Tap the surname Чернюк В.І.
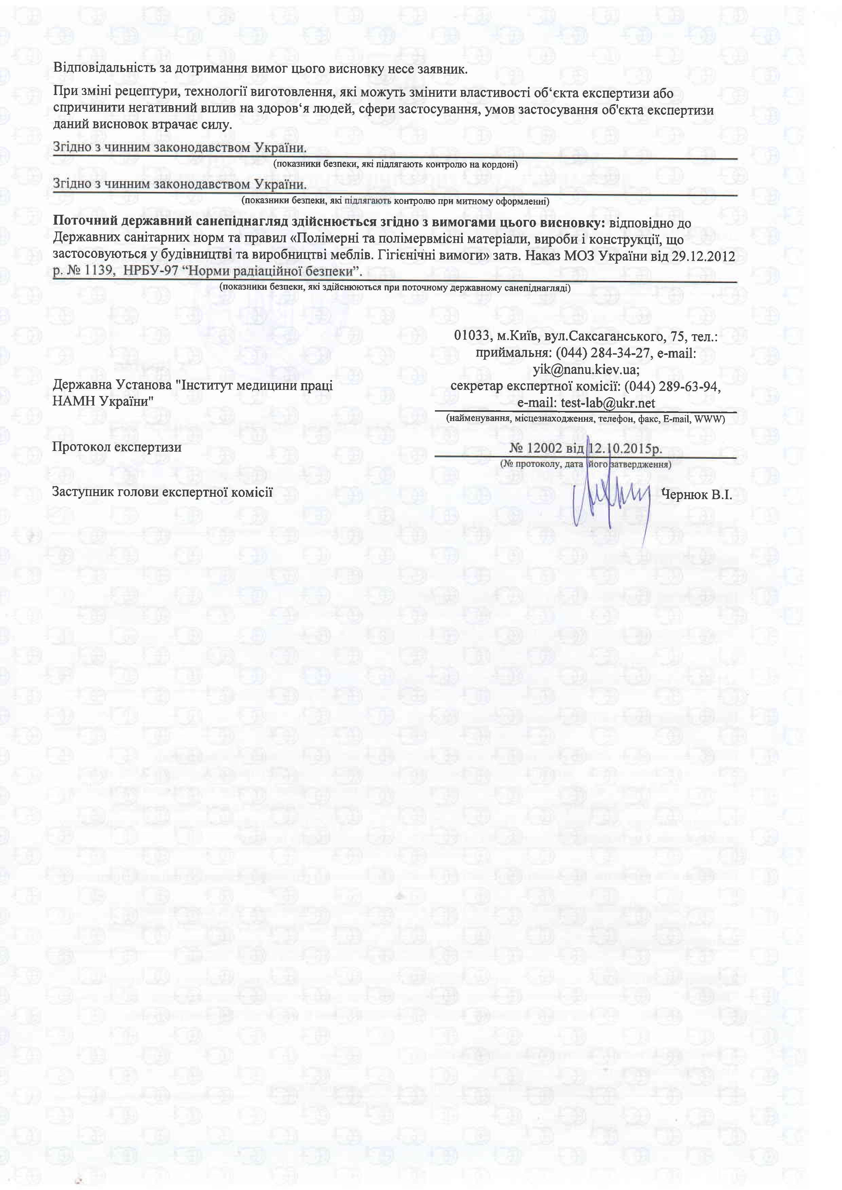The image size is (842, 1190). [696, 494]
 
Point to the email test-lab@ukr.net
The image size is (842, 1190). [608, 403]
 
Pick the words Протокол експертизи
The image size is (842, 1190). [117, 447]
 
